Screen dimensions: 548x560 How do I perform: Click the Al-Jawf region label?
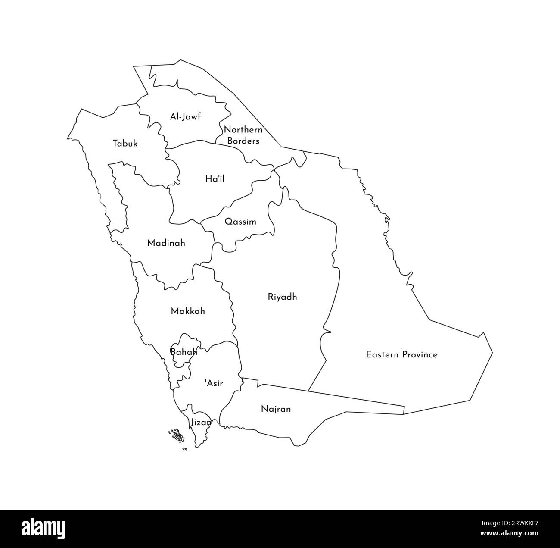click(185, 116)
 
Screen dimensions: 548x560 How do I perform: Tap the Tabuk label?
click(125, 144)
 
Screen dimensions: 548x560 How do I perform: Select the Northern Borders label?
click(243, 135)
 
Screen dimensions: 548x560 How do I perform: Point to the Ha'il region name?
click(215, 178)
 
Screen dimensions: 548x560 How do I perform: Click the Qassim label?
click(240, 222)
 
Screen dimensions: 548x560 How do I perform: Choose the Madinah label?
click(166, 243)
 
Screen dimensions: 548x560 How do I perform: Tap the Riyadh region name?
click(282, 297)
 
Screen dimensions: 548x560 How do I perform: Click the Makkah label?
click(188, 311)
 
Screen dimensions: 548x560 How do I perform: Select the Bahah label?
click(184, 352)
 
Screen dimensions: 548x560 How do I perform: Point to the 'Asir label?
click(214, 383)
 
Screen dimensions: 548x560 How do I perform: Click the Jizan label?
click(201, 423)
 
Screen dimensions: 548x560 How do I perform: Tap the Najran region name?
click(276, 409)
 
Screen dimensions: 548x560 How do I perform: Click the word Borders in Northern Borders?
click(243, 141)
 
